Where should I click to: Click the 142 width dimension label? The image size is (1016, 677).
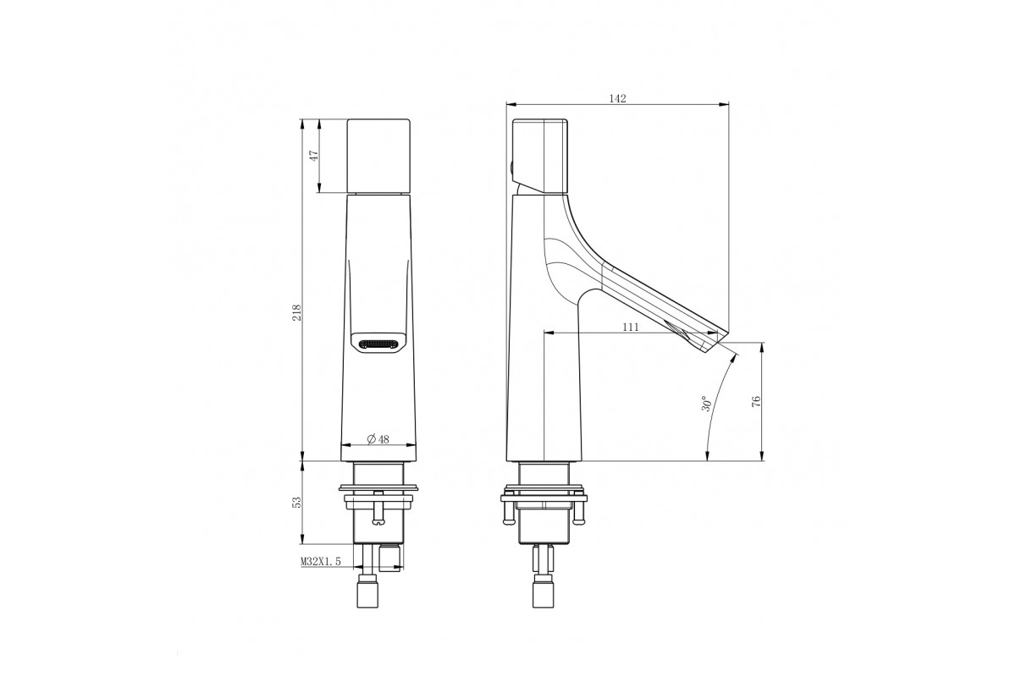(x=617, y=98)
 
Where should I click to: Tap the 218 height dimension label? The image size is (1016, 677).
(x=296, y=312)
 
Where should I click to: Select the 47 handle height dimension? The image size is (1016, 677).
(x=314, y=156)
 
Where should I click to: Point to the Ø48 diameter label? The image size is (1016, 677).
(x=378, y=439)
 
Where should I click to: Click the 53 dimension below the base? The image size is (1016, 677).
(x=296, y=503)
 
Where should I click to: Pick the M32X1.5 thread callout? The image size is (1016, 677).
(x=321, y=561)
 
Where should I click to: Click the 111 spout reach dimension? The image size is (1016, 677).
(x=631, y=327)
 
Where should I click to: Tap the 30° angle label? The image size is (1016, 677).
(x=706, y=403)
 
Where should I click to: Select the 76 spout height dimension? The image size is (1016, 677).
(x=756, y=401)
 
